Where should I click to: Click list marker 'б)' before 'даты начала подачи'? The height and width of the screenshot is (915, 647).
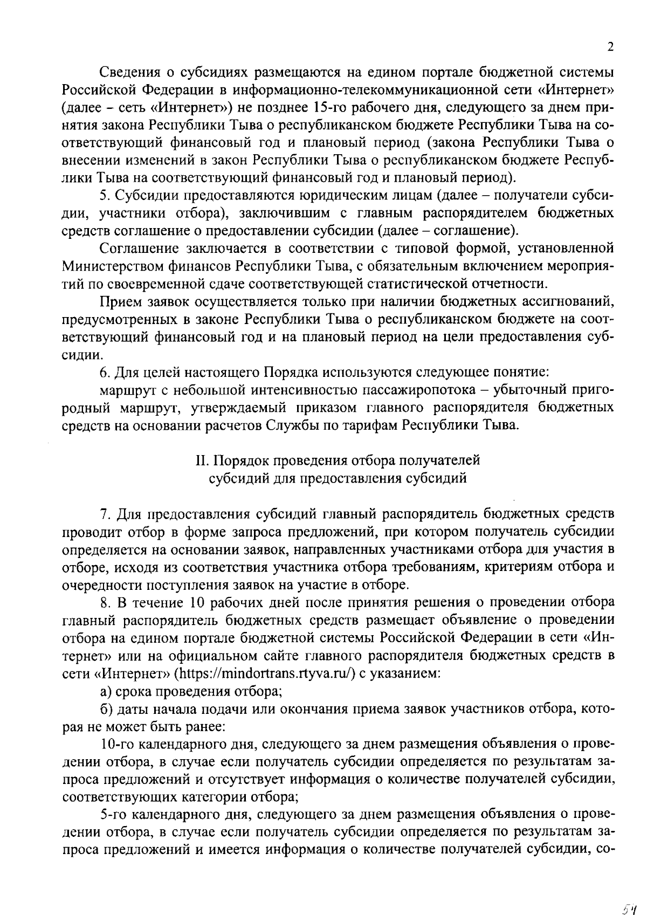[x=106, y=709]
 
